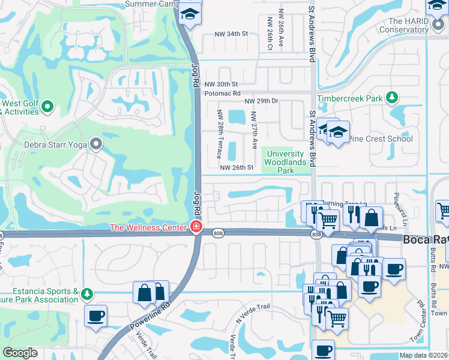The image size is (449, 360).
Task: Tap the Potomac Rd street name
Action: click(x=222, y=94)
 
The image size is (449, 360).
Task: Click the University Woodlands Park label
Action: click(x=286, y=162)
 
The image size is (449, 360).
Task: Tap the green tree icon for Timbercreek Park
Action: click(x=392, y=97)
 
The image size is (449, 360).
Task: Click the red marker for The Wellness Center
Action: click(x=195, y=227)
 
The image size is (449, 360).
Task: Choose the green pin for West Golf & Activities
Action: click(x=48, y=107)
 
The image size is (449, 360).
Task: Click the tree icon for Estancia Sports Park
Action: click(x=88, y=294)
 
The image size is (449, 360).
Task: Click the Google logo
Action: click(x=20, y=353)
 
